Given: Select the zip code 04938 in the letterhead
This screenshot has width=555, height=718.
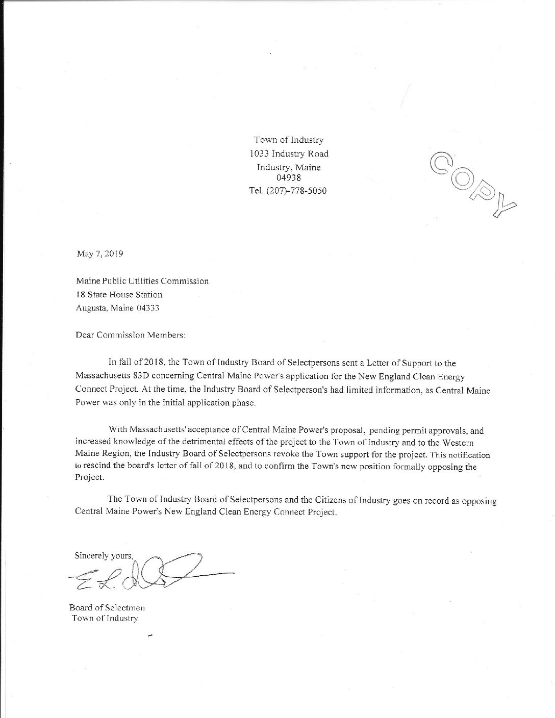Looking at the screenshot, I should (288, 178).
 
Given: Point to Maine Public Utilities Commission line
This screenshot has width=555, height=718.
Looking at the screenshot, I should (142, 281).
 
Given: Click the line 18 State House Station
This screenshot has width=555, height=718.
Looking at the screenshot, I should (119, 294).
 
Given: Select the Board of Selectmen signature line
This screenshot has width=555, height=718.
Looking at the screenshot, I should (110, 608).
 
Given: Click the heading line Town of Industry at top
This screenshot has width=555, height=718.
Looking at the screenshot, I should (289, 140).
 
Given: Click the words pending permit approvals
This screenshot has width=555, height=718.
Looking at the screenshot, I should (419, 429).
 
